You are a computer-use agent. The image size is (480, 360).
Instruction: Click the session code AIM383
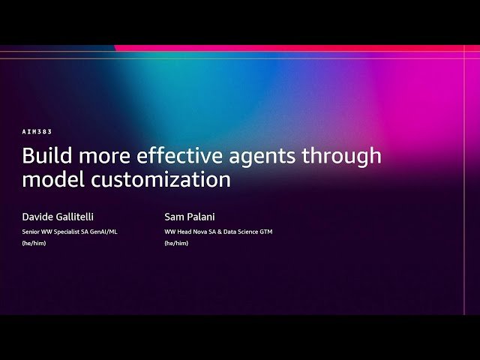(37, 131)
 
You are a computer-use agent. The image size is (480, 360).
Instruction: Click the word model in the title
(51, 180)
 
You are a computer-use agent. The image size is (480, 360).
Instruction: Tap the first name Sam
(174, 217)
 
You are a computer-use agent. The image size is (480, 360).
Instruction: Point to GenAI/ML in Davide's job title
(103, 232)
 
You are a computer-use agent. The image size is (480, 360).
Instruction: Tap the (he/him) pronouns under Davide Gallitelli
(34, 243)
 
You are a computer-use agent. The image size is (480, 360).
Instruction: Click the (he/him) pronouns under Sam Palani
(176, 243)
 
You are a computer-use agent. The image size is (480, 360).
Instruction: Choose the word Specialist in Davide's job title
(66, 232)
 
